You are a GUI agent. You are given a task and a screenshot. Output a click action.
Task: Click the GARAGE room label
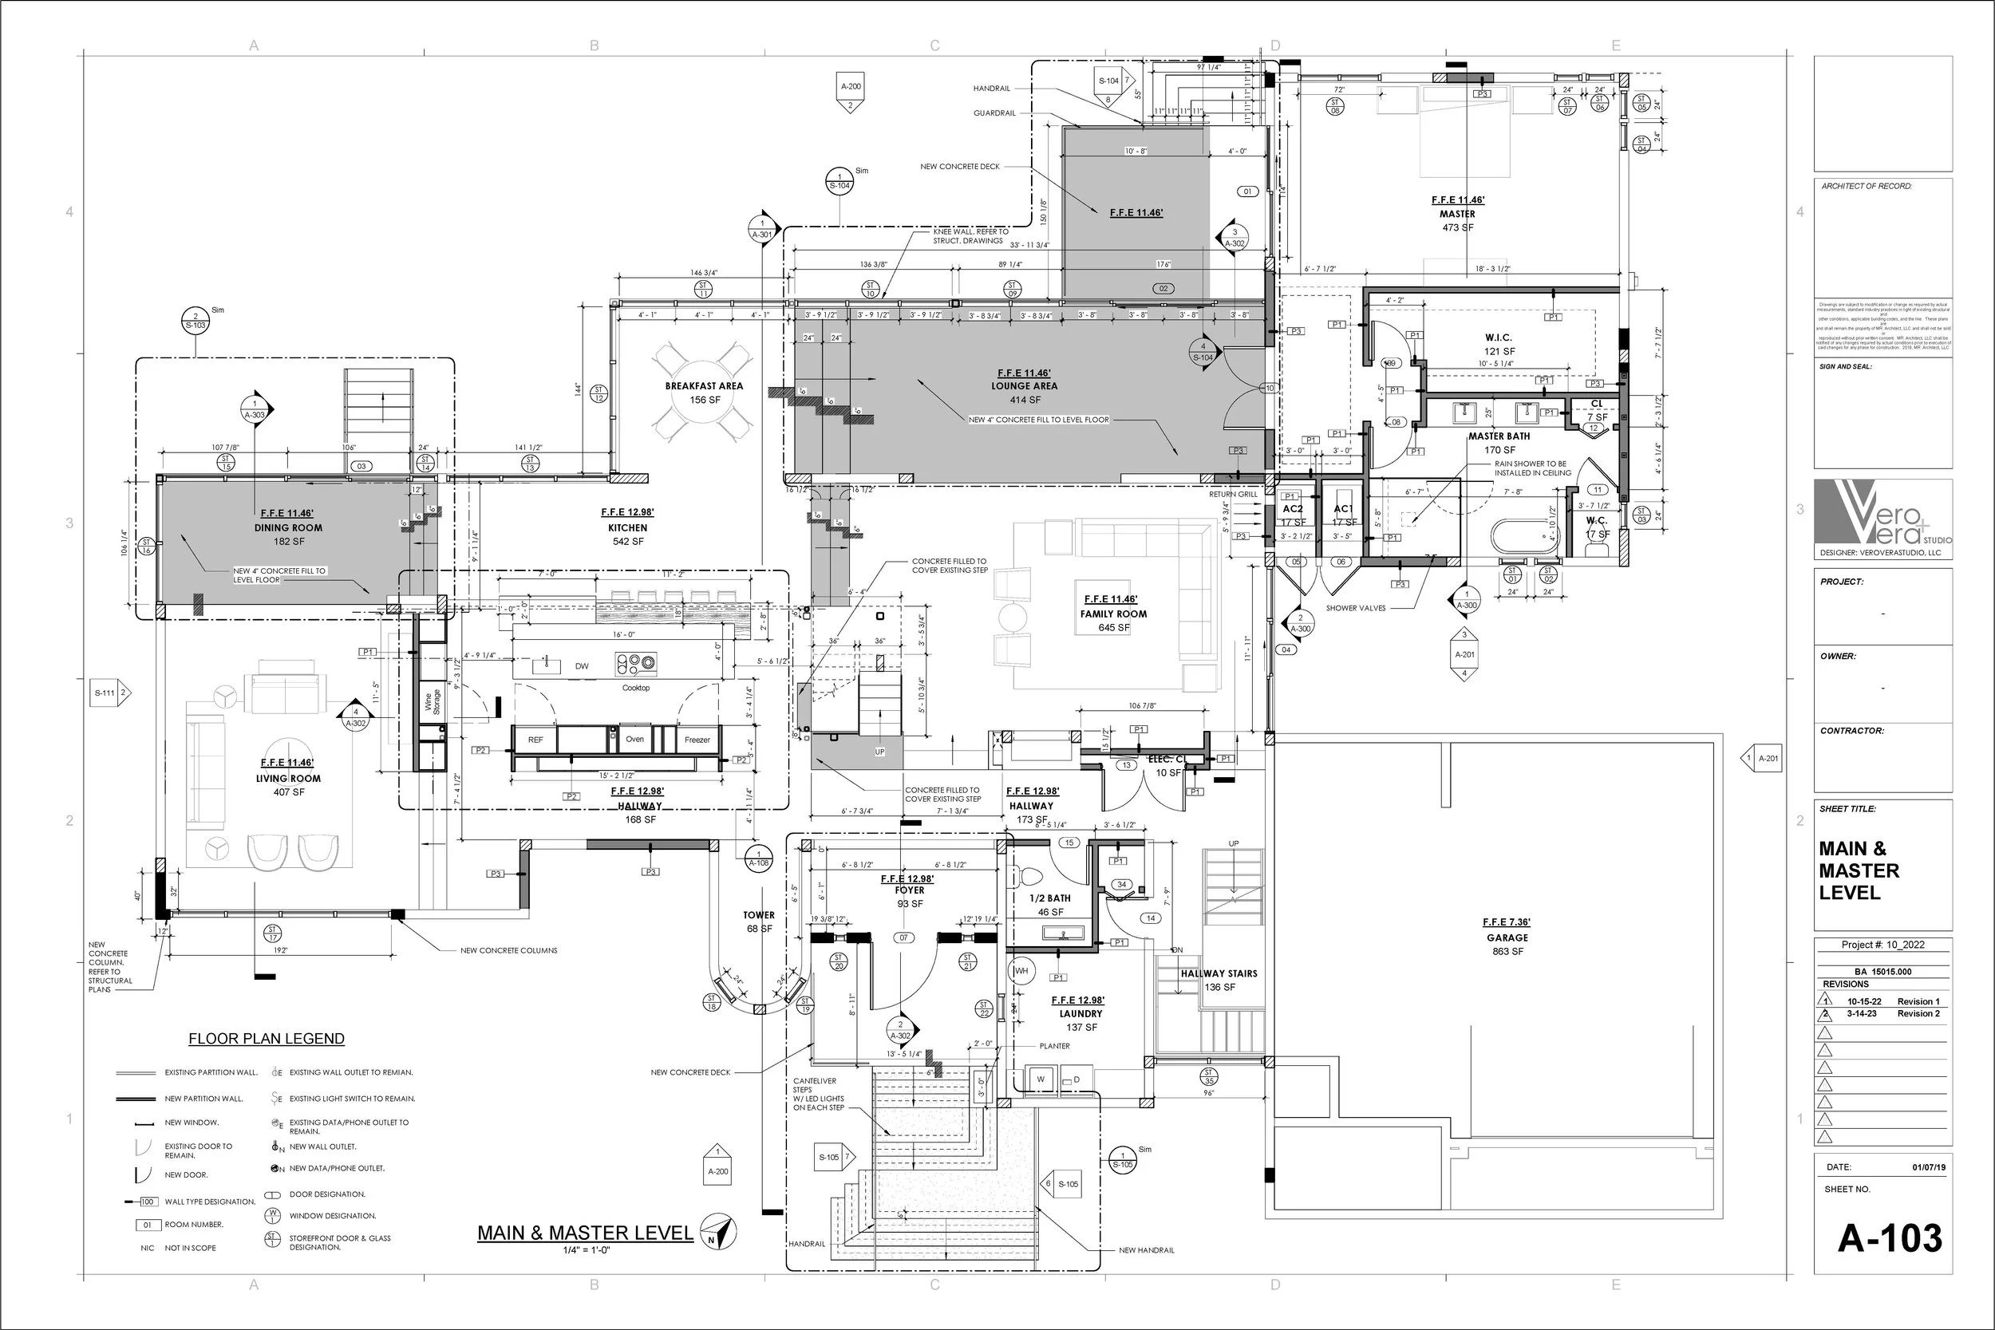[1507, 937]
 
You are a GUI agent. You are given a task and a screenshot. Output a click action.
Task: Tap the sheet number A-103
[1890, 1239]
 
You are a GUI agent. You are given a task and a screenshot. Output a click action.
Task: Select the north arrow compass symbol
[718, 1232]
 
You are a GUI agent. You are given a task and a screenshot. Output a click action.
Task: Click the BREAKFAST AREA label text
[704, 386]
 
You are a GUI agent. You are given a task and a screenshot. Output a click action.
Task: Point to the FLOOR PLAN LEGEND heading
[267, 1039]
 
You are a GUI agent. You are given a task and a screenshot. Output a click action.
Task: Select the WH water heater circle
[1021, 970]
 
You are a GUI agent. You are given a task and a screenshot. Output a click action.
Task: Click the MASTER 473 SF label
[1457, 215]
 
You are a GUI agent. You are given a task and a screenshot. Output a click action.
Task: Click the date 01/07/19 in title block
[1929, 1168]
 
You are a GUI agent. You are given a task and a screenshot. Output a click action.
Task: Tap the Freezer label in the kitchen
[697, 740]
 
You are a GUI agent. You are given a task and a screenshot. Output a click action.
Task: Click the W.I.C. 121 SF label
[1499, 345]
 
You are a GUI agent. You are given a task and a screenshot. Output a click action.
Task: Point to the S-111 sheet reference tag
[111, 693]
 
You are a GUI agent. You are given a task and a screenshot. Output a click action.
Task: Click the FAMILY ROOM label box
[1113, 614]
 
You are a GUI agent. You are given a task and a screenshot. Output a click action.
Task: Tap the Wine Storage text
[433, 702]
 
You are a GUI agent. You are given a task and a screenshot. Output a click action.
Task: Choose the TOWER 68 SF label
[759, 922]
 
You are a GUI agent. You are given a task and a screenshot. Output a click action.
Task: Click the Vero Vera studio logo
[1883, 514]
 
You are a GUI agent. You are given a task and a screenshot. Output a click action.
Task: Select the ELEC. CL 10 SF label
[1168, 766]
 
